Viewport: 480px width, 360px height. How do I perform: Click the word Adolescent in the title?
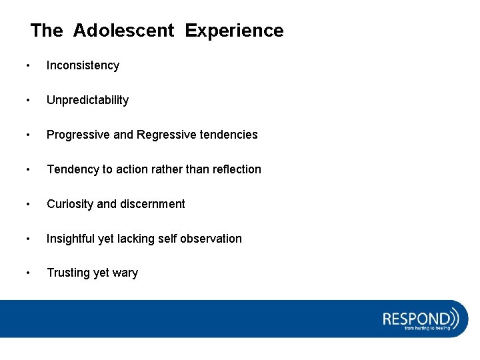pos(123,31)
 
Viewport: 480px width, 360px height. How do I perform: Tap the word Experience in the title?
pos(234,31)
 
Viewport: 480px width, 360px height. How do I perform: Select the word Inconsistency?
pos(83,65)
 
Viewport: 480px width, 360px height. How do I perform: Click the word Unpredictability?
pos(87,100)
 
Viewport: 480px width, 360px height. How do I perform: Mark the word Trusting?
pos(68,273)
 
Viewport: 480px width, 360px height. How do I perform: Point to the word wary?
pos(125,273)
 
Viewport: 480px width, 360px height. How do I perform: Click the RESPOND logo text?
pos(416,317)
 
